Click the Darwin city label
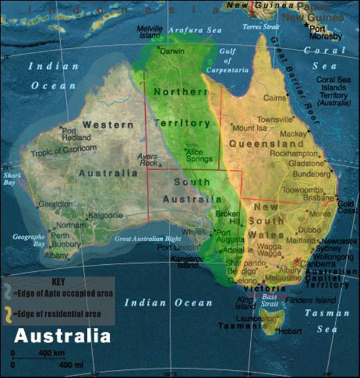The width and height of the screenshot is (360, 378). coord(173,51)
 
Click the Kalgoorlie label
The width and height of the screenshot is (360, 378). coord(106,216)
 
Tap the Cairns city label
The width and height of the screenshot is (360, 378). coord(274,98)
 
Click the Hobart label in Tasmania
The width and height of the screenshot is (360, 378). coord(291,331)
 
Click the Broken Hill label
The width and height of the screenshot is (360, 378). coord(228,217)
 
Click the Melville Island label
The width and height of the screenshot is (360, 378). coord(149,31)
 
